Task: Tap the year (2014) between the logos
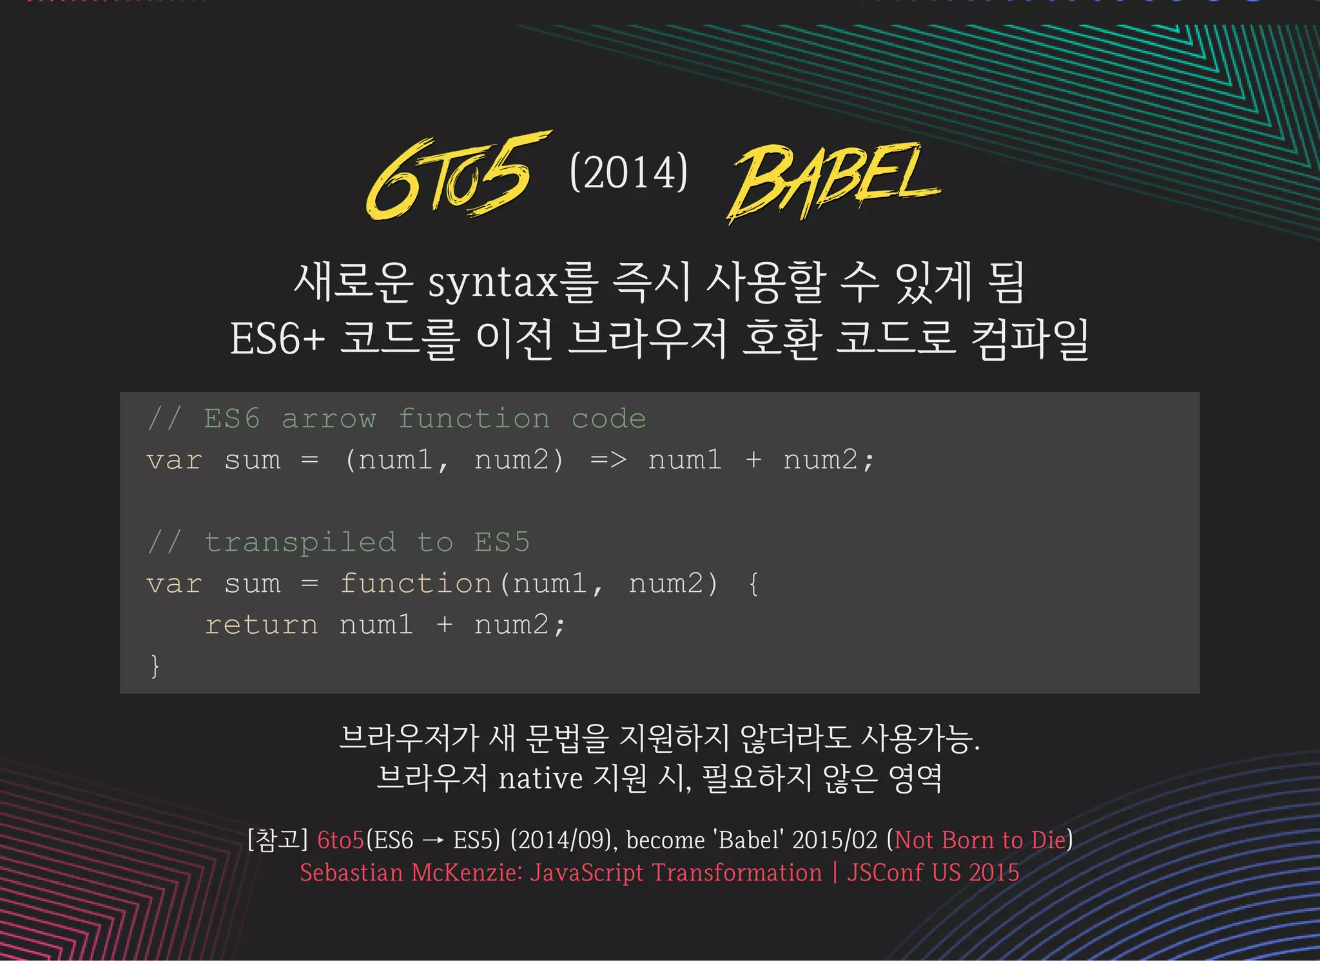point(629,173)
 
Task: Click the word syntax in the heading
point(492,283)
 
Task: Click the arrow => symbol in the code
point(608,460)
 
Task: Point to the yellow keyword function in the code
point(416,584)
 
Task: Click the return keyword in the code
point(261,625)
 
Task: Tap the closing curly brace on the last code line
point(155,665)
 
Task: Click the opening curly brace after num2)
point(753,584)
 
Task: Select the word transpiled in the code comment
point(300,542)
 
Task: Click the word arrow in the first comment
point(329,419)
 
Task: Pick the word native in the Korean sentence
point(540,779)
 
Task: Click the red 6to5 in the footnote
point(340,840)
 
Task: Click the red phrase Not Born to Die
point(980,840)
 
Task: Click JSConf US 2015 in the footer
point(933,873)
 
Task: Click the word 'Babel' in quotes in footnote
point(749,840)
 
